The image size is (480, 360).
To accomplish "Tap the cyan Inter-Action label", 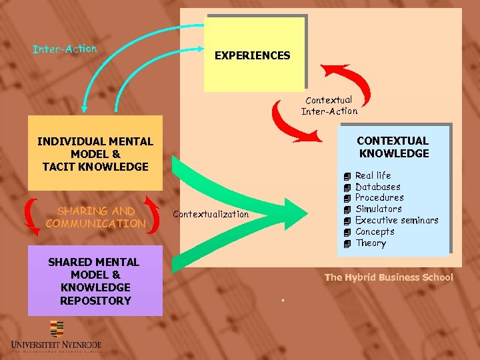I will tap(65, 49).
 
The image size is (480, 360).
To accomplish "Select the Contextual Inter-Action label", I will tap(329, 106).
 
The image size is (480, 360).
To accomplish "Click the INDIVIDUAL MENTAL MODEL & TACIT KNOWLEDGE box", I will tap(95, 153).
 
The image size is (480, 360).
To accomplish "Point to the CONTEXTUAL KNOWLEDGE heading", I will tap(393, 147).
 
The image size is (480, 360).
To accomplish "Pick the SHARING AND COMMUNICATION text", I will tap(95, 217).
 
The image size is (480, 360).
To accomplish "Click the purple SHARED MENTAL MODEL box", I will tap(95, 281).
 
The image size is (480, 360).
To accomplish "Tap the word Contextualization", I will tap(210, 214).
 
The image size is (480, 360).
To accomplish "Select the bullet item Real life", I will tap(373, 175).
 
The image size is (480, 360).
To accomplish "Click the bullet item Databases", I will tap(377, 187).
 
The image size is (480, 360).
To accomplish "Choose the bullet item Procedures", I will tap(379, 197).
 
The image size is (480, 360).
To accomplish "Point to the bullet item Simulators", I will tap(378, 209).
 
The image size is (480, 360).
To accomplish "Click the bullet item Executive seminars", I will tap(396, 220).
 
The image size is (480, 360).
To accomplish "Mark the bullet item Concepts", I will tap(375, 231).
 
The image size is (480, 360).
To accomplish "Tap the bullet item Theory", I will tap(371, 243).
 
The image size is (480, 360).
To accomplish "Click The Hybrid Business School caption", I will tap(388, 277).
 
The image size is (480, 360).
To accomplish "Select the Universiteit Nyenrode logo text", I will tap(56, 345).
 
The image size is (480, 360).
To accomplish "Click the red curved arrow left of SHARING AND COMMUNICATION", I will tap(31, 217).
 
